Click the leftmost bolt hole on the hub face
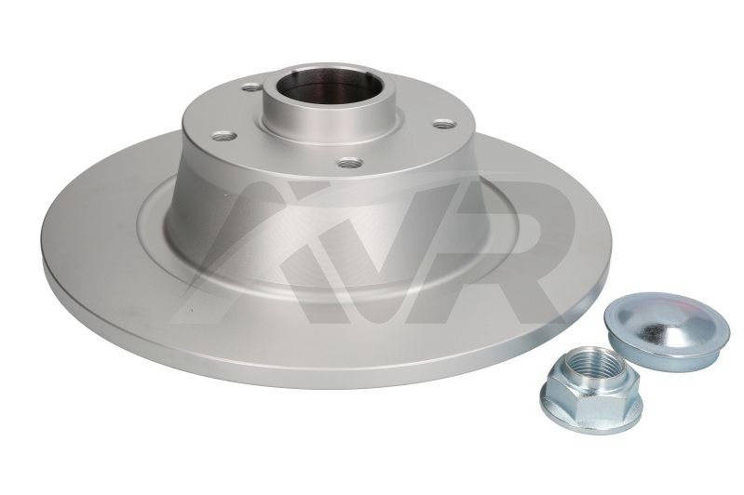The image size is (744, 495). click(x=224, y=137)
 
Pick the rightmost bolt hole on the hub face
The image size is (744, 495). click(x=444, y=124)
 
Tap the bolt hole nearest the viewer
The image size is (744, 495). click(x=350, y=163)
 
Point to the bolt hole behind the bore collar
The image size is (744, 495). click(x=250, y=87)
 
